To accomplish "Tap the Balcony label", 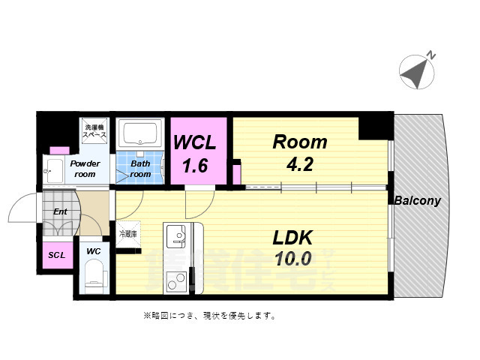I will [417, 201].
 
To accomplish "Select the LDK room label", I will [291, 238].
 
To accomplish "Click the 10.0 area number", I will [291, 259].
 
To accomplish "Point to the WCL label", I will [196, 142].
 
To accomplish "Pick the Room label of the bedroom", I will [299, 141].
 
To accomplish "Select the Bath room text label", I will [140, 169].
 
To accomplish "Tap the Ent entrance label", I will [60, 211].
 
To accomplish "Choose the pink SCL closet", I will [57, 255].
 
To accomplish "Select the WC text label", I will [94, 250].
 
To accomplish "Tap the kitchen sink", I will [178, 238].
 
